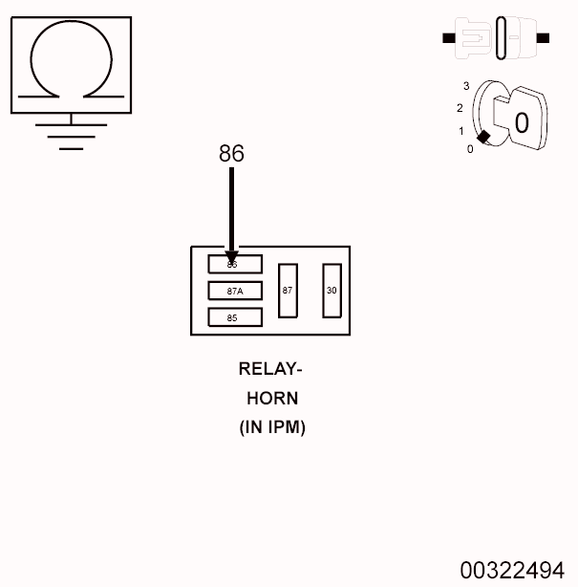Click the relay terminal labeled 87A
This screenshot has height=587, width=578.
235,291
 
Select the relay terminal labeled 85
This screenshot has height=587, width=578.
235,317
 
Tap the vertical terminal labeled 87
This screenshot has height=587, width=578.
288,290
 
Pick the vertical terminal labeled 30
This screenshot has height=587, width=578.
332,290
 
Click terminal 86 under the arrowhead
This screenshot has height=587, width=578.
235,265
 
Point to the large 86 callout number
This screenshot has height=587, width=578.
231,154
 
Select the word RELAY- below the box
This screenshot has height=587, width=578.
270,369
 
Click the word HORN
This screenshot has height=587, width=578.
272,399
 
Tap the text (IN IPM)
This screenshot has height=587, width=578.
272,427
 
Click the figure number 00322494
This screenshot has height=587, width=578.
511,571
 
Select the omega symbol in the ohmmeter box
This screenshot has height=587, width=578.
71,61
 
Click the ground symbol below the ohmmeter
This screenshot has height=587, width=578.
71,134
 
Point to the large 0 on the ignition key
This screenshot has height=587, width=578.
521,122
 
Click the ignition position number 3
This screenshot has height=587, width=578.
466,86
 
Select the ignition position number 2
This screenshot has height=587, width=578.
460,108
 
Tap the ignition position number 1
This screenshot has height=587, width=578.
460,131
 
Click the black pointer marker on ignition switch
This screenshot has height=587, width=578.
484,137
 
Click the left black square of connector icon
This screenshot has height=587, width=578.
449,38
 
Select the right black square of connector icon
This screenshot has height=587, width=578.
544,38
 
